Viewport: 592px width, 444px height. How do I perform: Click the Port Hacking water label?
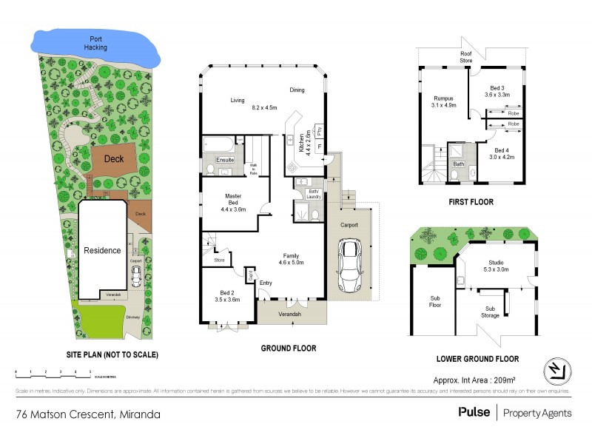coord(96,43)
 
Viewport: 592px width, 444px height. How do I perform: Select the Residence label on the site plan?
coord(102,250)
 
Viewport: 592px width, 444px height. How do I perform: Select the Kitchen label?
coord(303,139)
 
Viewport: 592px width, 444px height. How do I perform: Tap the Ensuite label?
coord(224,160)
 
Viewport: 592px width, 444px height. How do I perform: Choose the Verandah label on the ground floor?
coord(290,315)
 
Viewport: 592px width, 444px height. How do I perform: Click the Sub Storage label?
coord(490,312)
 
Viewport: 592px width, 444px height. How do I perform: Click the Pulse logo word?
coord(474,412)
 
